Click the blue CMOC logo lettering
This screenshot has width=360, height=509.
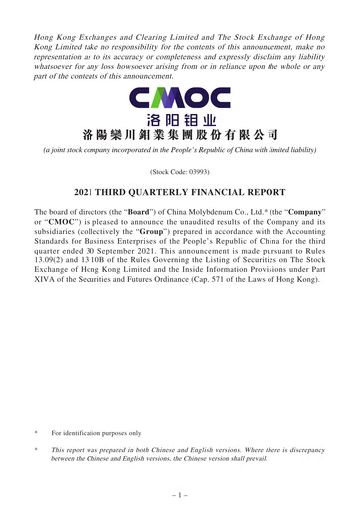(180, 98)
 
